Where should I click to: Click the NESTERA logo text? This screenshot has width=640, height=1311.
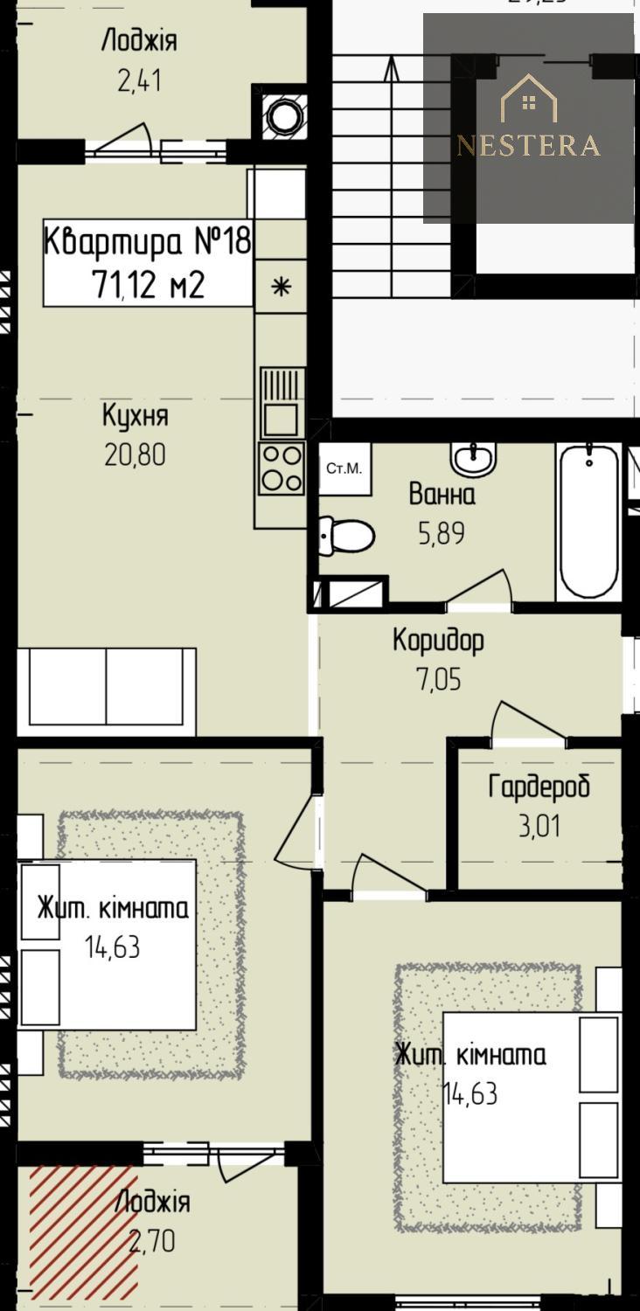(x=528, y=144)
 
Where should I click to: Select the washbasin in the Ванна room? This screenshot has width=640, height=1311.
(x=474, y=459)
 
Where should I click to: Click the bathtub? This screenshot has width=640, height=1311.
(x=588, y=521)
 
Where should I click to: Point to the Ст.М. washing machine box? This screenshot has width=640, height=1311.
(x=344, y=468)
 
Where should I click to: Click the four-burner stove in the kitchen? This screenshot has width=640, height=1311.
(x=282, y=467)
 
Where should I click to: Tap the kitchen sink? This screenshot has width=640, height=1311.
(x=282, y=402)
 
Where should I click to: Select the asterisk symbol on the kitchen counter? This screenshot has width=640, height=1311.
(x=282, y=287)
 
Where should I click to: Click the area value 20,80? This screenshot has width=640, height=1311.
(x=135, y=454)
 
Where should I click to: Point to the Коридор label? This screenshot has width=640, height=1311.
(x=439, y=641)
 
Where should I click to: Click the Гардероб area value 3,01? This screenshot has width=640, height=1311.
(x=539, y=826)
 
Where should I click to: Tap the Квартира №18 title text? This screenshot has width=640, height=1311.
(x=148, y=241)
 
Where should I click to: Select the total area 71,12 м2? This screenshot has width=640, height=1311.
(x=148, y=285)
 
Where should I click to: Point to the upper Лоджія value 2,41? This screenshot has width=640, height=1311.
(x=139, y=80)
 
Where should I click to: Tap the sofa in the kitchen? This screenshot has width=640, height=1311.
(x=107, y=691)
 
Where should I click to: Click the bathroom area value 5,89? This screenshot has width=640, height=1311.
(x=442, y=532)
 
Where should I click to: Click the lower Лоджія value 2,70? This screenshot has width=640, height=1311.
(x=152, y=1241)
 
